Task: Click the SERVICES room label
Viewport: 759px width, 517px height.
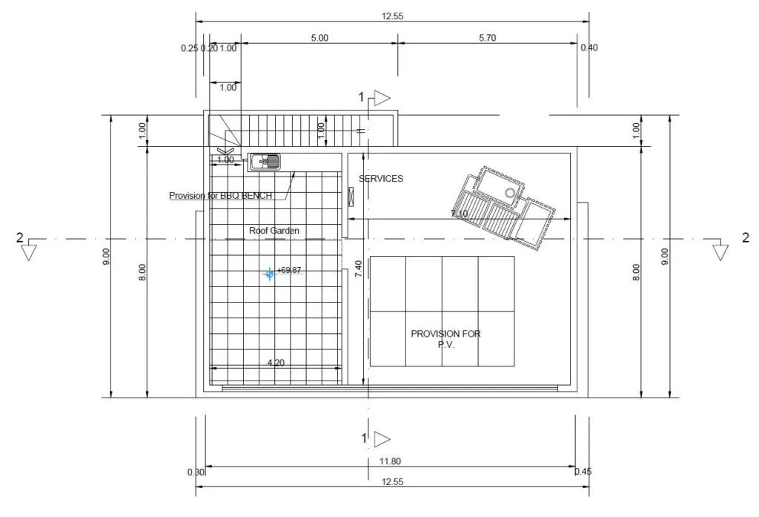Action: (x=381, y=179)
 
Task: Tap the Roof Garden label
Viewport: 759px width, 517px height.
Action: (x=274, y=231)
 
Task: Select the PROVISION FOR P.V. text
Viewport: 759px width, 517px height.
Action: (x=445, y=339)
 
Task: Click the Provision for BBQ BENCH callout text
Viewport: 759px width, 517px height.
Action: (x=220, y=196)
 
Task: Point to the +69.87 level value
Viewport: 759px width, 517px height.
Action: (x=289, y=270)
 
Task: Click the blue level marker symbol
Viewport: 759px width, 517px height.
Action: (x=270, y=274)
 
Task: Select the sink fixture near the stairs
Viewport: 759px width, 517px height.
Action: (x=265, y=162)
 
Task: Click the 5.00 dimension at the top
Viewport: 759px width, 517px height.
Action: (x=319, y=38)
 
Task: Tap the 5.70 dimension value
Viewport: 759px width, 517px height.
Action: (x=488, y=38)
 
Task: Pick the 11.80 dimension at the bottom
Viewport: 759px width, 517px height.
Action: (x=390, y=461)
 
